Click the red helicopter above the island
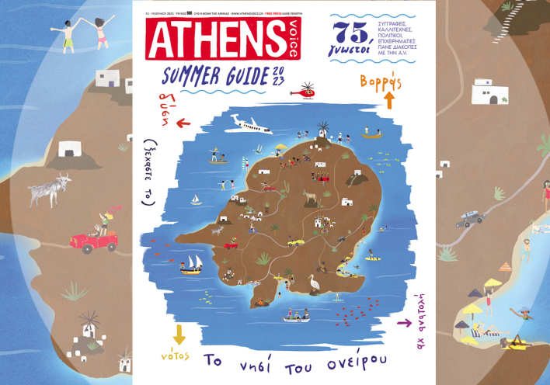pyautogui.click(x=303, y=91)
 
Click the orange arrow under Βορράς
pyautogui.click(x=389, y=99)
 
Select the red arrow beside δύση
pyautogui.click(x=183, y=123)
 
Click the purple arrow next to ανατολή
pyautogui.click(x=403, y=322)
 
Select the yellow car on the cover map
pyautogui.click(x=296, y=242)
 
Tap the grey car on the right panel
pyautogui.click(x=470, y=220)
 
